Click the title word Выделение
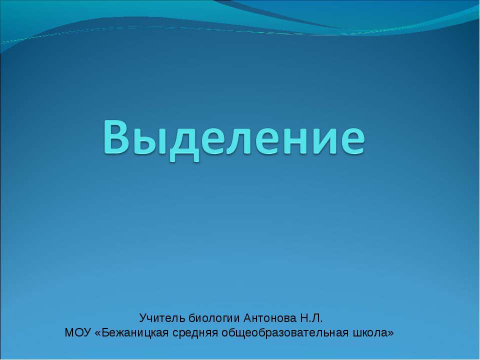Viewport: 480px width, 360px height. coord(234,138)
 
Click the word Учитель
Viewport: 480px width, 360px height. coord(162,318)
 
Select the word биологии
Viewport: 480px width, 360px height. coord(214,318)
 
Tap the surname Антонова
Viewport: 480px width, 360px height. coord(270,318)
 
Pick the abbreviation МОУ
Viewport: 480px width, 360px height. coord(78,332)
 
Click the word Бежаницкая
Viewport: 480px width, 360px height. coord(135,333)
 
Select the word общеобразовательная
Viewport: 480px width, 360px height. coord(284,333)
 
